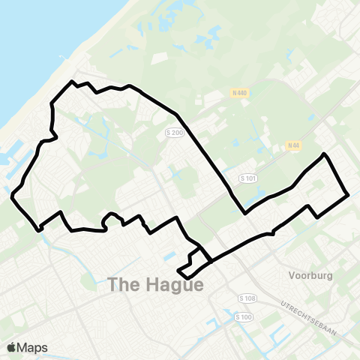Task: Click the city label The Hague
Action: [155, 285]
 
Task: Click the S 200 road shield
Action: [174, 132]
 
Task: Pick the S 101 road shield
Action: [248, 178]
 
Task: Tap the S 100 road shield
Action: [243, 318]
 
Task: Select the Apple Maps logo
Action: [27, 347]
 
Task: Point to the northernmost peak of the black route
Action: [72, 81]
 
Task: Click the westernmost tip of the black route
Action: [13, 196]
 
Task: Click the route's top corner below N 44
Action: [323, 154]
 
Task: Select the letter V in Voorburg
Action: [292, 274]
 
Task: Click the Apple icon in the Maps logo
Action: [11, 347]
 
